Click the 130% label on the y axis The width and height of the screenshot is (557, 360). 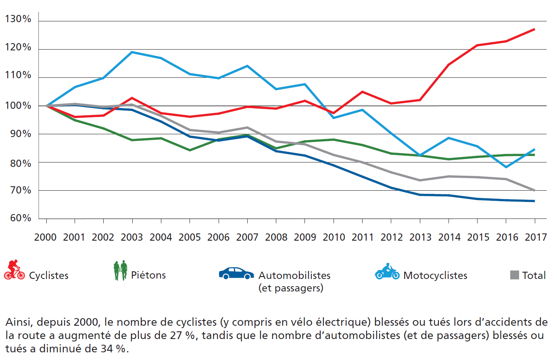tap(18, 19)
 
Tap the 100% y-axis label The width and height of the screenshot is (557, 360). tap(18, 106)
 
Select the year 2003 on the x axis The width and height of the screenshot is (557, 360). tap(132, 237)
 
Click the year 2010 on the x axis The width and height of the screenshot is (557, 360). tap(334, 237)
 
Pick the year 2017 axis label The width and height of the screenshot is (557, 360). tap(536, 237)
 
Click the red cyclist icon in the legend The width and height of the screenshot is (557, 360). tap(14, 270)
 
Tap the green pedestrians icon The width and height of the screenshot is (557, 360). tap(120, 271)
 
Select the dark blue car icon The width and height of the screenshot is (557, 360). tap(236, 273)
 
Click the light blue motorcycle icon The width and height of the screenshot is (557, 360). tap(387, 272)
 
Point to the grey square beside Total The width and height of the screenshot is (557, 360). tap(514, 275)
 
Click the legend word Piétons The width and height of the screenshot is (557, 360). tap(148, 275)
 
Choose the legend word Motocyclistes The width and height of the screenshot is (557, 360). tap(435, 276)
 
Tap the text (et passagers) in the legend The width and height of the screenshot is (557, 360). tap(291, 288)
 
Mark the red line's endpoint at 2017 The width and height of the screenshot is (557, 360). tap(534, 29)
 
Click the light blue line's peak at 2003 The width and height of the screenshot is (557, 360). tap(132, 52)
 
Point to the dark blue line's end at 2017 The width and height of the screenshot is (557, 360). tap(534, 201)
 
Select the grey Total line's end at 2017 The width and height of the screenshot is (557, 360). tap(534, 190)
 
